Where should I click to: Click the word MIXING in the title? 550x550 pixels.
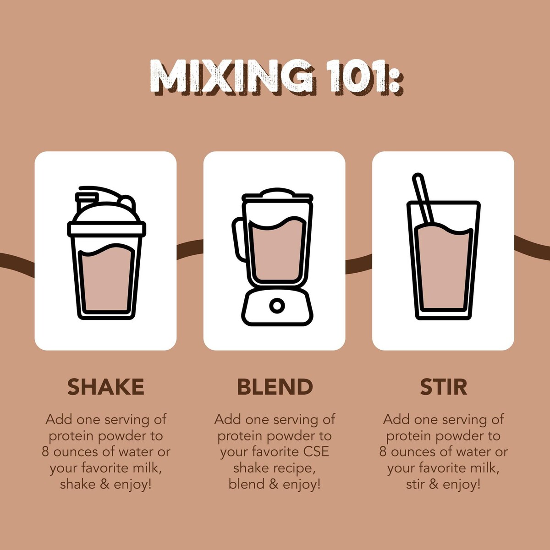(x=231, y=77)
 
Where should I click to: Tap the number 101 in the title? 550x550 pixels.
(x=361, y=77)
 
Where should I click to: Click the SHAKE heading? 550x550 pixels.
(x=105, y=387)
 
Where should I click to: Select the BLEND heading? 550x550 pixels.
(x=275, y=387)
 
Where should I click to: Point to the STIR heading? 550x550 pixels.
(x=443, y=387)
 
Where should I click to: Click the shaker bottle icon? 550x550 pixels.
(x=106, y=253)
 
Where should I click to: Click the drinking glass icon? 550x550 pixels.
(x=443, y=247)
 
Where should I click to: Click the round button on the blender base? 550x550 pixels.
(x=277, y=306)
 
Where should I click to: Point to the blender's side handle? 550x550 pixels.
(x=239, y=239)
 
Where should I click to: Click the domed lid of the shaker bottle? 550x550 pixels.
(x=106, y=211)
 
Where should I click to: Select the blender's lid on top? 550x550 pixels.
(x=277, y=194)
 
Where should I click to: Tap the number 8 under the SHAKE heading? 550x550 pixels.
(x=46, y=452)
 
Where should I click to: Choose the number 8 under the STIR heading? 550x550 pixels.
(x=383, y=452)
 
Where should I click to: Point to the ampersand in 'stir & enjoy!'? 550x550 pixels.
(x=433, y=484)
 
